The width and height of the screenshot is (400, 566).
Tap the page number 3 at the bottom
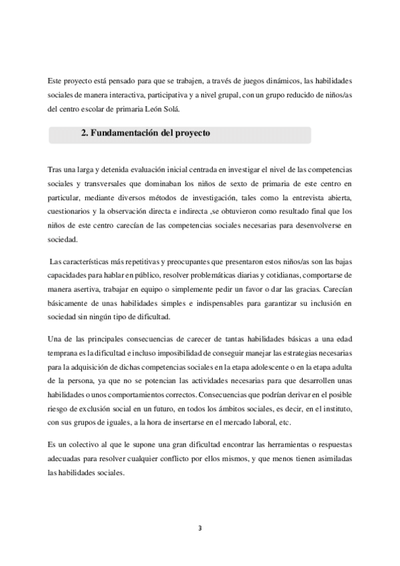coord(199,529)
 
